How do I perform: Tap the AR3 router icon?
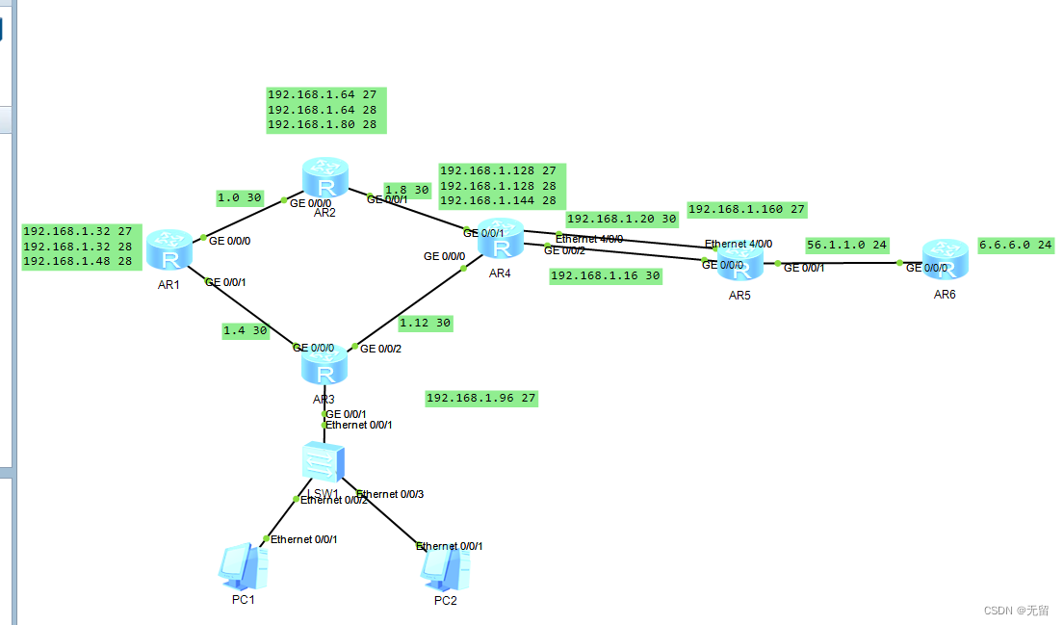(324, 367)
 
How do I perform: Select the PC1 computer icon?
(243, 568)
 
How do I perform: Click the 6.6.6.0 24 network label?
(1016, 246)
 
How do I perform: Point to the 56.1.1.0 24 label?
(846, 245)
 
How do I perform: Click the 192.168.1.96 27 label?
(480, 398)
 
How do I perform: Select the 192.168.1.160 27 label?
(746, 209)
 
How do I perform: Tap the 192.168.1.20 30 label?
(621, 219)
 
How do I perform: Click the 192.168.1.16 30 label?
(605, 275)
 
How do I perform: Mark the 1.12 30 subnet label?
(425, 323)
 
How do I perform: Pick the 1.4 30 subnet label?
(246, 330)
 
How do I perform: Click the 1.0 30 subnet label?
(240, 198)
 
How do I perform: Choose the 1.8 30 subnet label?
(406, 191)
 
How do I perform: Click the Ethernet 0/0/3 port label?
(390, 494)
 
